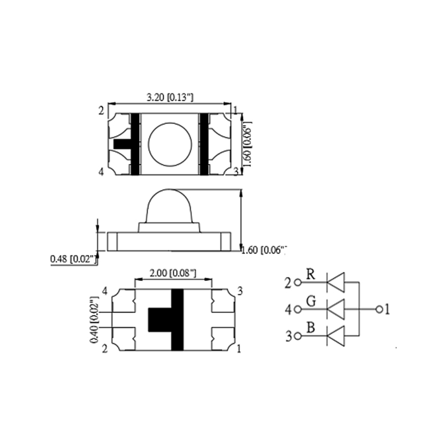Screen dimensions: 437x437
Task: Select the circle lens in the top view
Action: (170, 144)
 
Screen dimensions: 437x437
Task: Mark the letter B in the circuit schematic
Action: (310, 328)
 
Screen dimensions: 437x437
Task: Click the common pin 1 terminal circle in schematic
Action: (379, 309)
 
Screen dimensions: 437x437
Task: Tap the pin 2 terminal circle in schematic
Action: (298, 282)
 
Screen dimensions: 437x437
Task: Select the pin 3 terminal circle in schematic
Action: (298, 336)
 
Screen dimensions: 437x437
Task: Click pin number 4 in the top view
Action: (101, 172)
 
